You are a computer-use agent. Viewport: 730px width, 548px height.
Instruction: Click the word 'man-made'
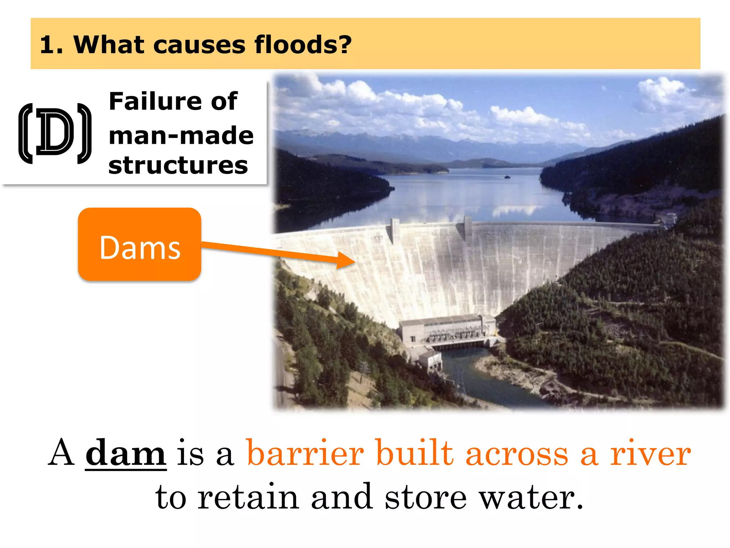click(181, 136)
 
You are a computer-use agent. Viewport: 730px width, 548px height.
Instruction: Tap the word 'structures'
click(178, 165)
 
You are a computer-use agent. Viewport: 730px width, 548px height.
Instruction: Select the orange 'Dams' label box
click(140, 245)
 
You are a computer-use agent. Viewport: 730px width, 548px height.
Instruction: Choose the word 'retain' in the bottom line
click(248, 497)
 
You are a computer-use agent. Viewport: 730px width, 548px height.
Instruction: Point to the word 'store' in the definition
click(426, 497)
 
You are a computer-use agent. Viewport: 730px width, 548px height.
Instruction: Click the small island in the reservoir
click(507, 177)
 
